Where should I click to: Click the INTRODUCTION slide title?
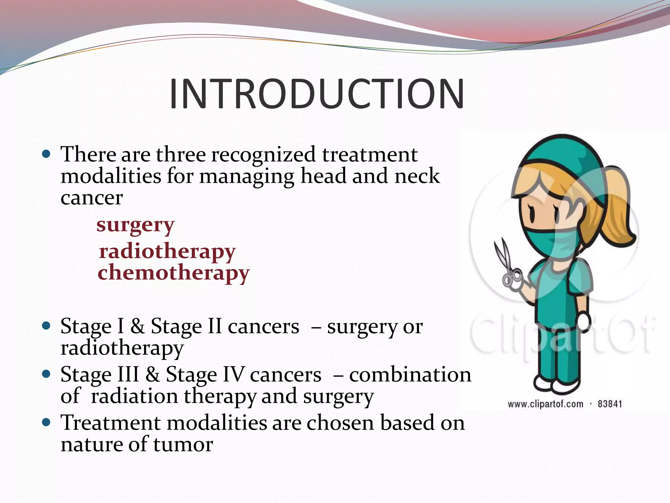(316, 94)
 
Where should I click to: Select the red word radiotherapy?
(167, 251)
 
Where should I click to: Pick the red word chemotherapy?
(173, 273)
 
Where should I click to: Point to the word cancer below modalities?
(92, 198)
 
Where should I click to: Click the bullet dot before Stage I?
(46, 326)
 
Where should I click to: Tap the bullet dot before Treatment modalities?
(46, 422)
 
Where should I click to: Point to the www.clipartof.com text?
(545, 404)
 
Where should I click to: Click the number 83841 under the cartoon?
(609, 404)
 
